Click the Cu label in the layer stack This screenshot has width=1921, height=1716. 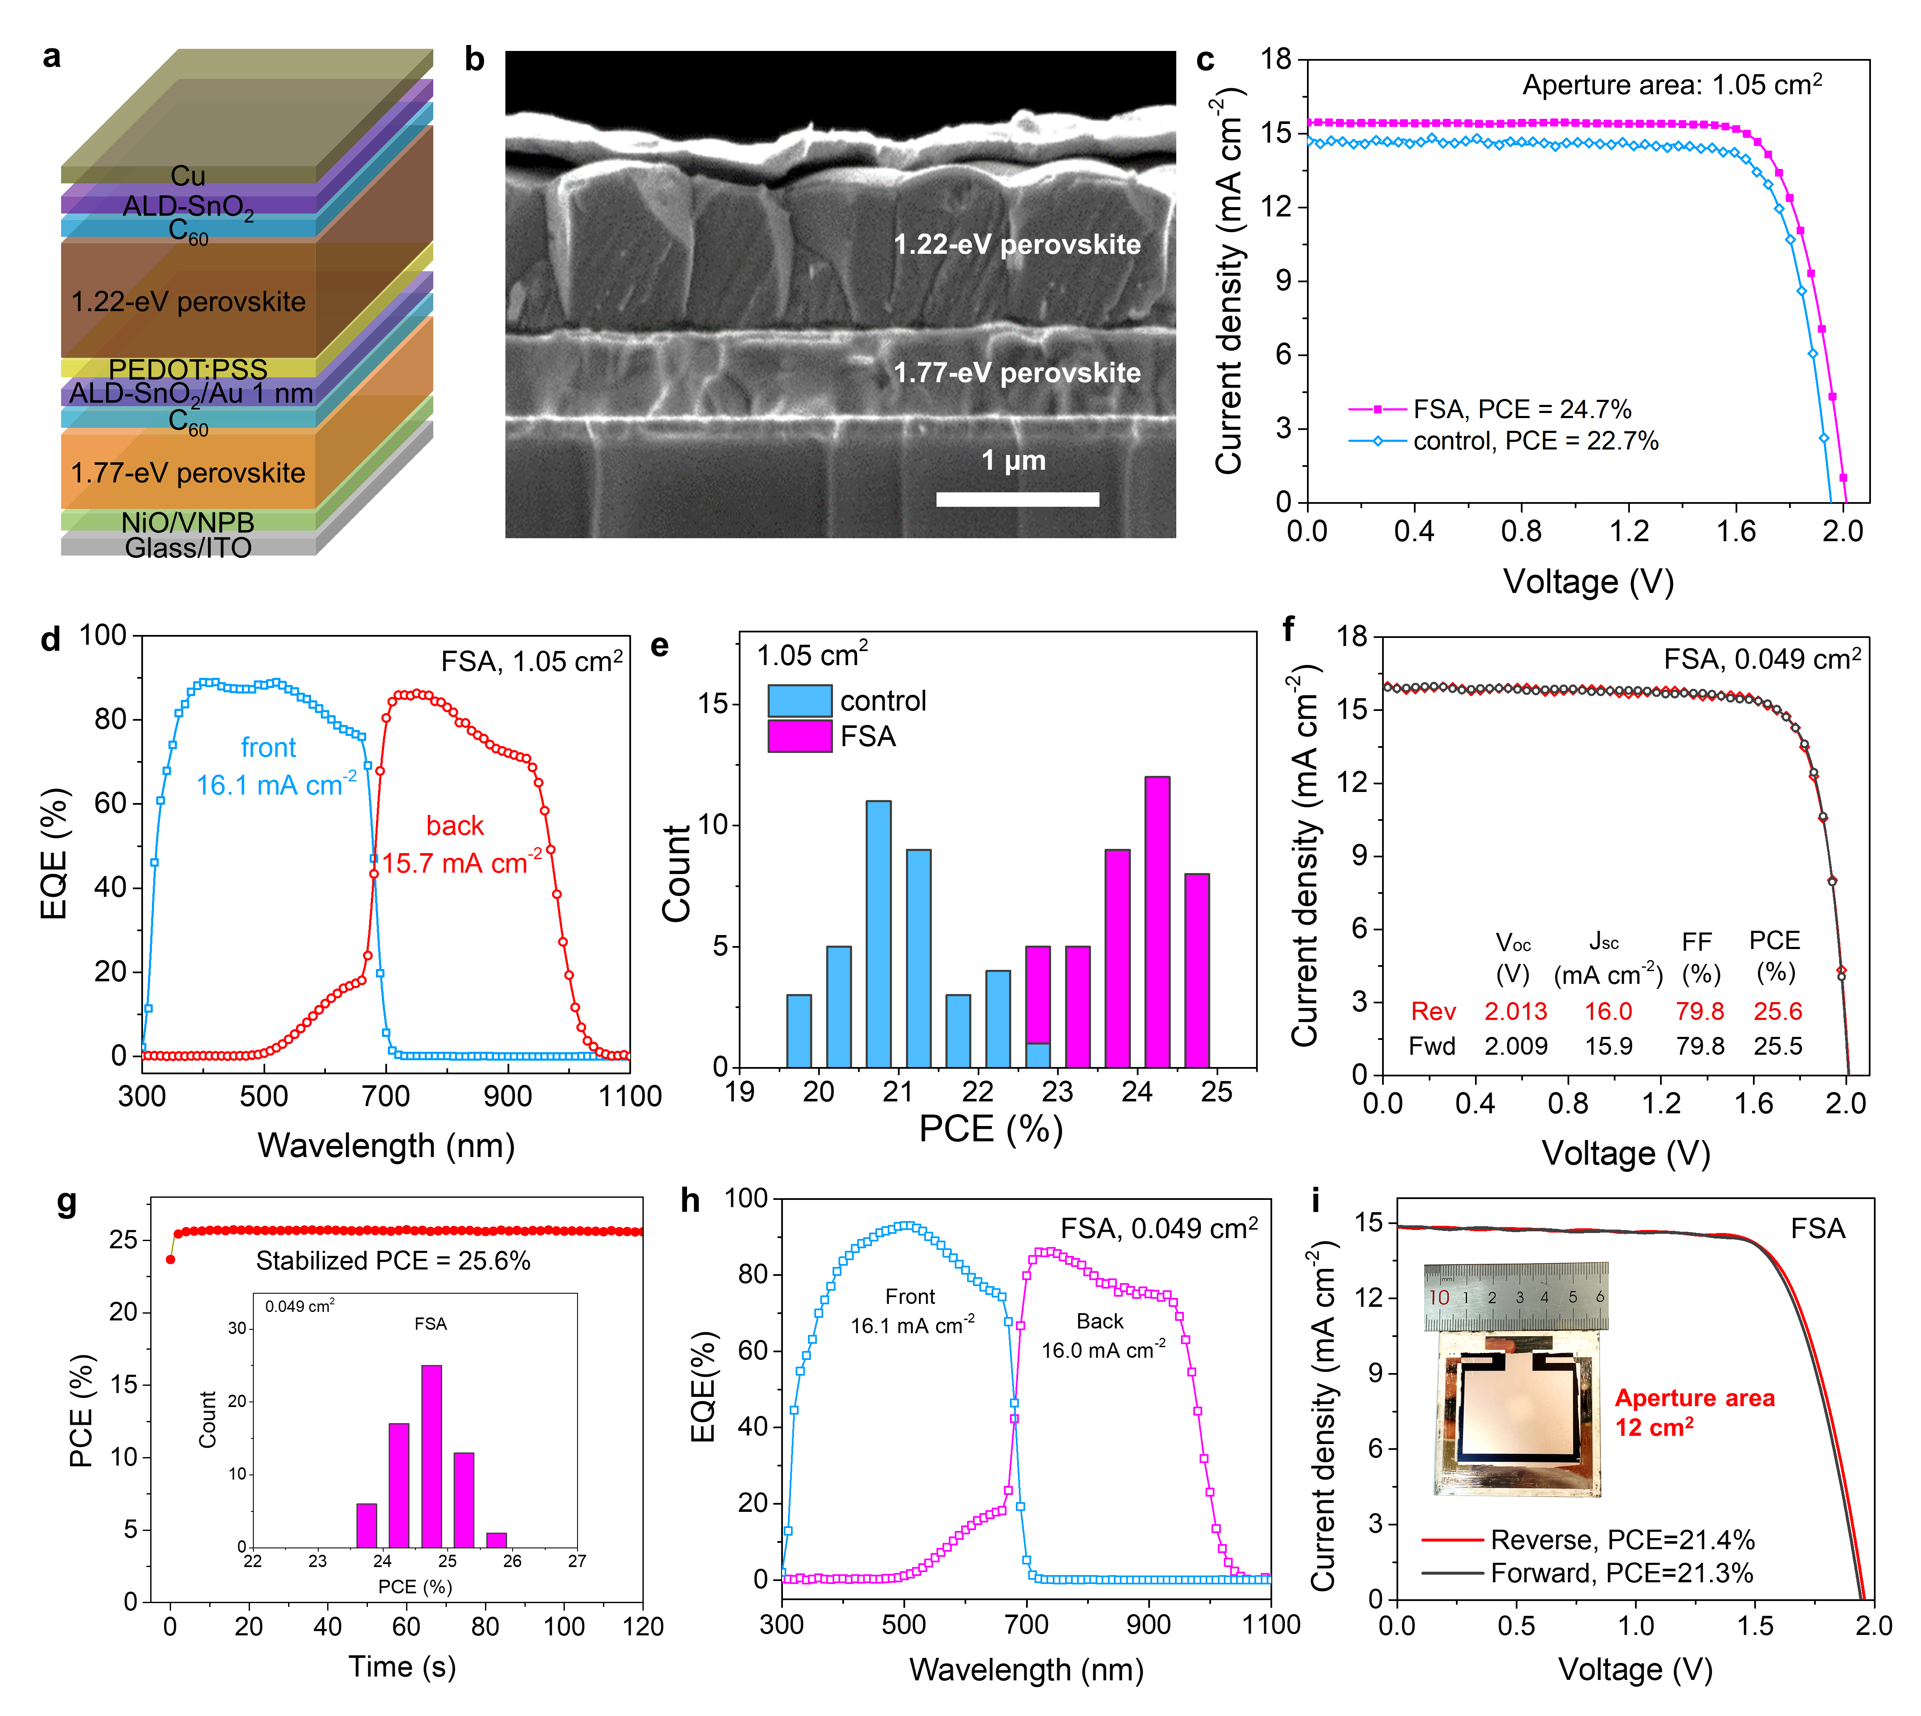[x=188, y=175]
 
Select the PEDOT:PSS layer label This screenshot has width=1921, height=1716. [x=188, y=369]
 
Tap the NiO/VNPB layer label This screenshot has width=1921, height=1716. [x=188, y=521]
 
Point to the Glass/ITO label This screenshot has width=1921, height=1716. [x=188, y=547]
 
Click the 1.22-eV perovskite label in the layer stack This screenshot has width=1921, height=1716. [x=188, y=302]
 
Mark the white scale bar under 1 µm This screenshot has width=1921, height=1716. [x=1017, y=499]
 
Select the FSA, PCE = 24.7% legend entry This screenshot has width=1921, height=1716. [x=1521, y=409]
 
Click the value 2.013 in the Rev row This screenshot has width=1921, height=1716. [x=1516, y=1012]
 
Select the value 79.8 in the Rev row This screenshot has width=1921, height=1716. [x=1699, y=1012]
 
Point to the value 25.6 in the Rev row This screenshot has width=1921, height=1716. [x=1778, y=1012]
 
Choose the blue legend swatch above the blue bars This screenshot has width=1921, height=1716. [x=799, y=701]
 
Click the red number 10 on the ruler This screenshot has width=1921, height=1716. [x=1439, y=1298]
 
